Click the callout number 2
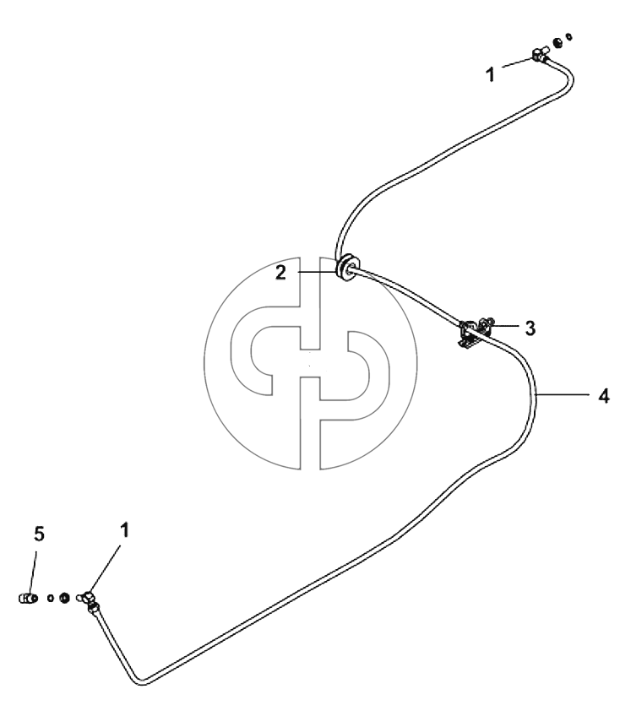pos(280,273)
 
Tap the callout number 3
pos(530,328)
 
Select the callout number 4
pos(603,396)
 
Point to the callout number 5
pos(39,534)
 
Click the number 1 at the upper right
pos(491,74)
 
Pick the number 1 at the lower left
pos(124,530)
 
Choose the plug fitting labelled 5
pos(26,598)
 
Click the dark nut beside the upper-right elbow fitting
pos(558,43)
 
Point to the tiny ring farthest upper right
pos(568,36)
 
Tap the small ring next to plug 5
pos(50,598)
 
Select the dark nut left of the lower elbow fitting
pos(64,598)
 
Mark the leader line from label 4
pos(562,394)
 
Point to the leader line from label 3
pos(503,326)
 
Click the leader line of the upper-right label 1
pos(517,63)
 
